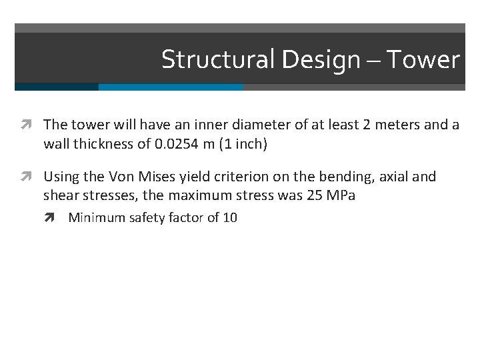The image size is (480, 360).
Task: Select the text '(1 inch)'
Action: coord(245,143)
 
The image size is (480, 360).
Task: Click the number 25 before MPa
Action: coord(320,195)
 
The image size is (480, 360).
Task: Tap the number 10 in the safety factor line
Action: coord(230,217)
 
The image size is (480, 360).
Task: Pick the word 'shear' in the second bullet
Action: coord(61,195)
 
